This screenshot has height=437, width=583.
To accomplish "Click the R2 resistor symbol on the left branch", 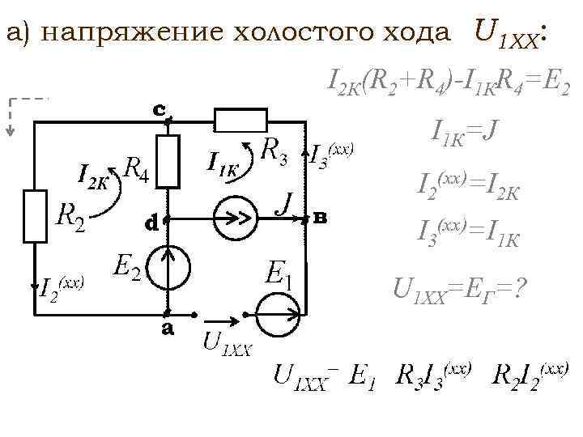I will pyautogui.click(x=36, y=216).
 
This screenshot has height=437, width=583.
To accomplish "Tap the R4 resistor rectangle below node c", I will pyautogui.click(x=168, y=160).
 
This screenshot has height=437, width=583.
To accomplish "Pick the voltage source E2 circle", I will pyautogui.click(x=168, y=265).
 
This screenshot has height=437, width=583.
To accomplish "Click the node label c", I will pyautogui.click(x=160, y=108).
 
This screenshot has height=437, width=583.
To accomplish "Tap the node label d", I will pyautogui.click(x=151, y=222).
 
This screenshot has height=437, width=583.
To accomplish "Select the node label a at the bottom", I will pyautogui.click(x=168, y=328).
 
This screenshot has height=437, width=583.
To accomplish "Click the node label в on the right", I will pyautogui.click(x=321, y=217).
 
